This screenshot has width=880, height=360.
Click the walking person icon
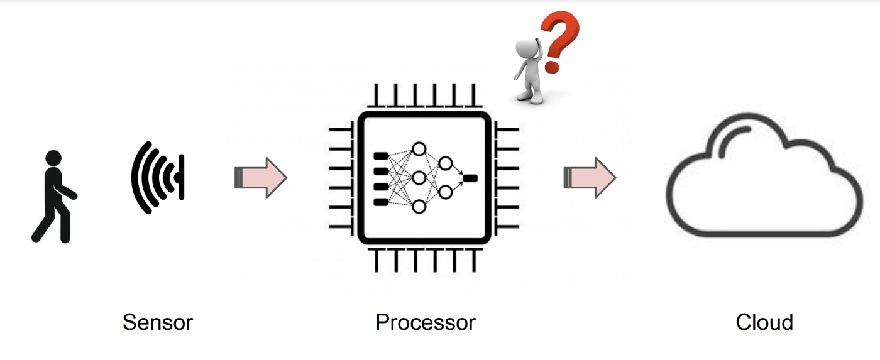tap(53, 196)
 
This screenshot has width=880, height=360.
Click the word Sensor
tap(158, 322)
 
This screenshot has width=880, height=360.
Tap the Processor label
tap(426, 322)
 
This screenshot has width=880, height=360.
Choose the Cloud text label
tap(764, 322)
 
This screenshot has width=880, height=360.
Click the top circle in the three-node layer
tap(419, 150)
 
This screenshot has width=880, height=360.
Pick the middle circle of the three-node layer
tap(419, 178)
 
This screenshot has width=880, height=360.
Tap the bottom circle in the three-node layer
tap(419, 206)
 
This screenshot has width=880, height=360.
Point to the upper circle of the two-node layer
tap(446, 163)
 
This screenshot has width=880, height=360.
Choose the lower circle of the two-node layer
tap(446, 192)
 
